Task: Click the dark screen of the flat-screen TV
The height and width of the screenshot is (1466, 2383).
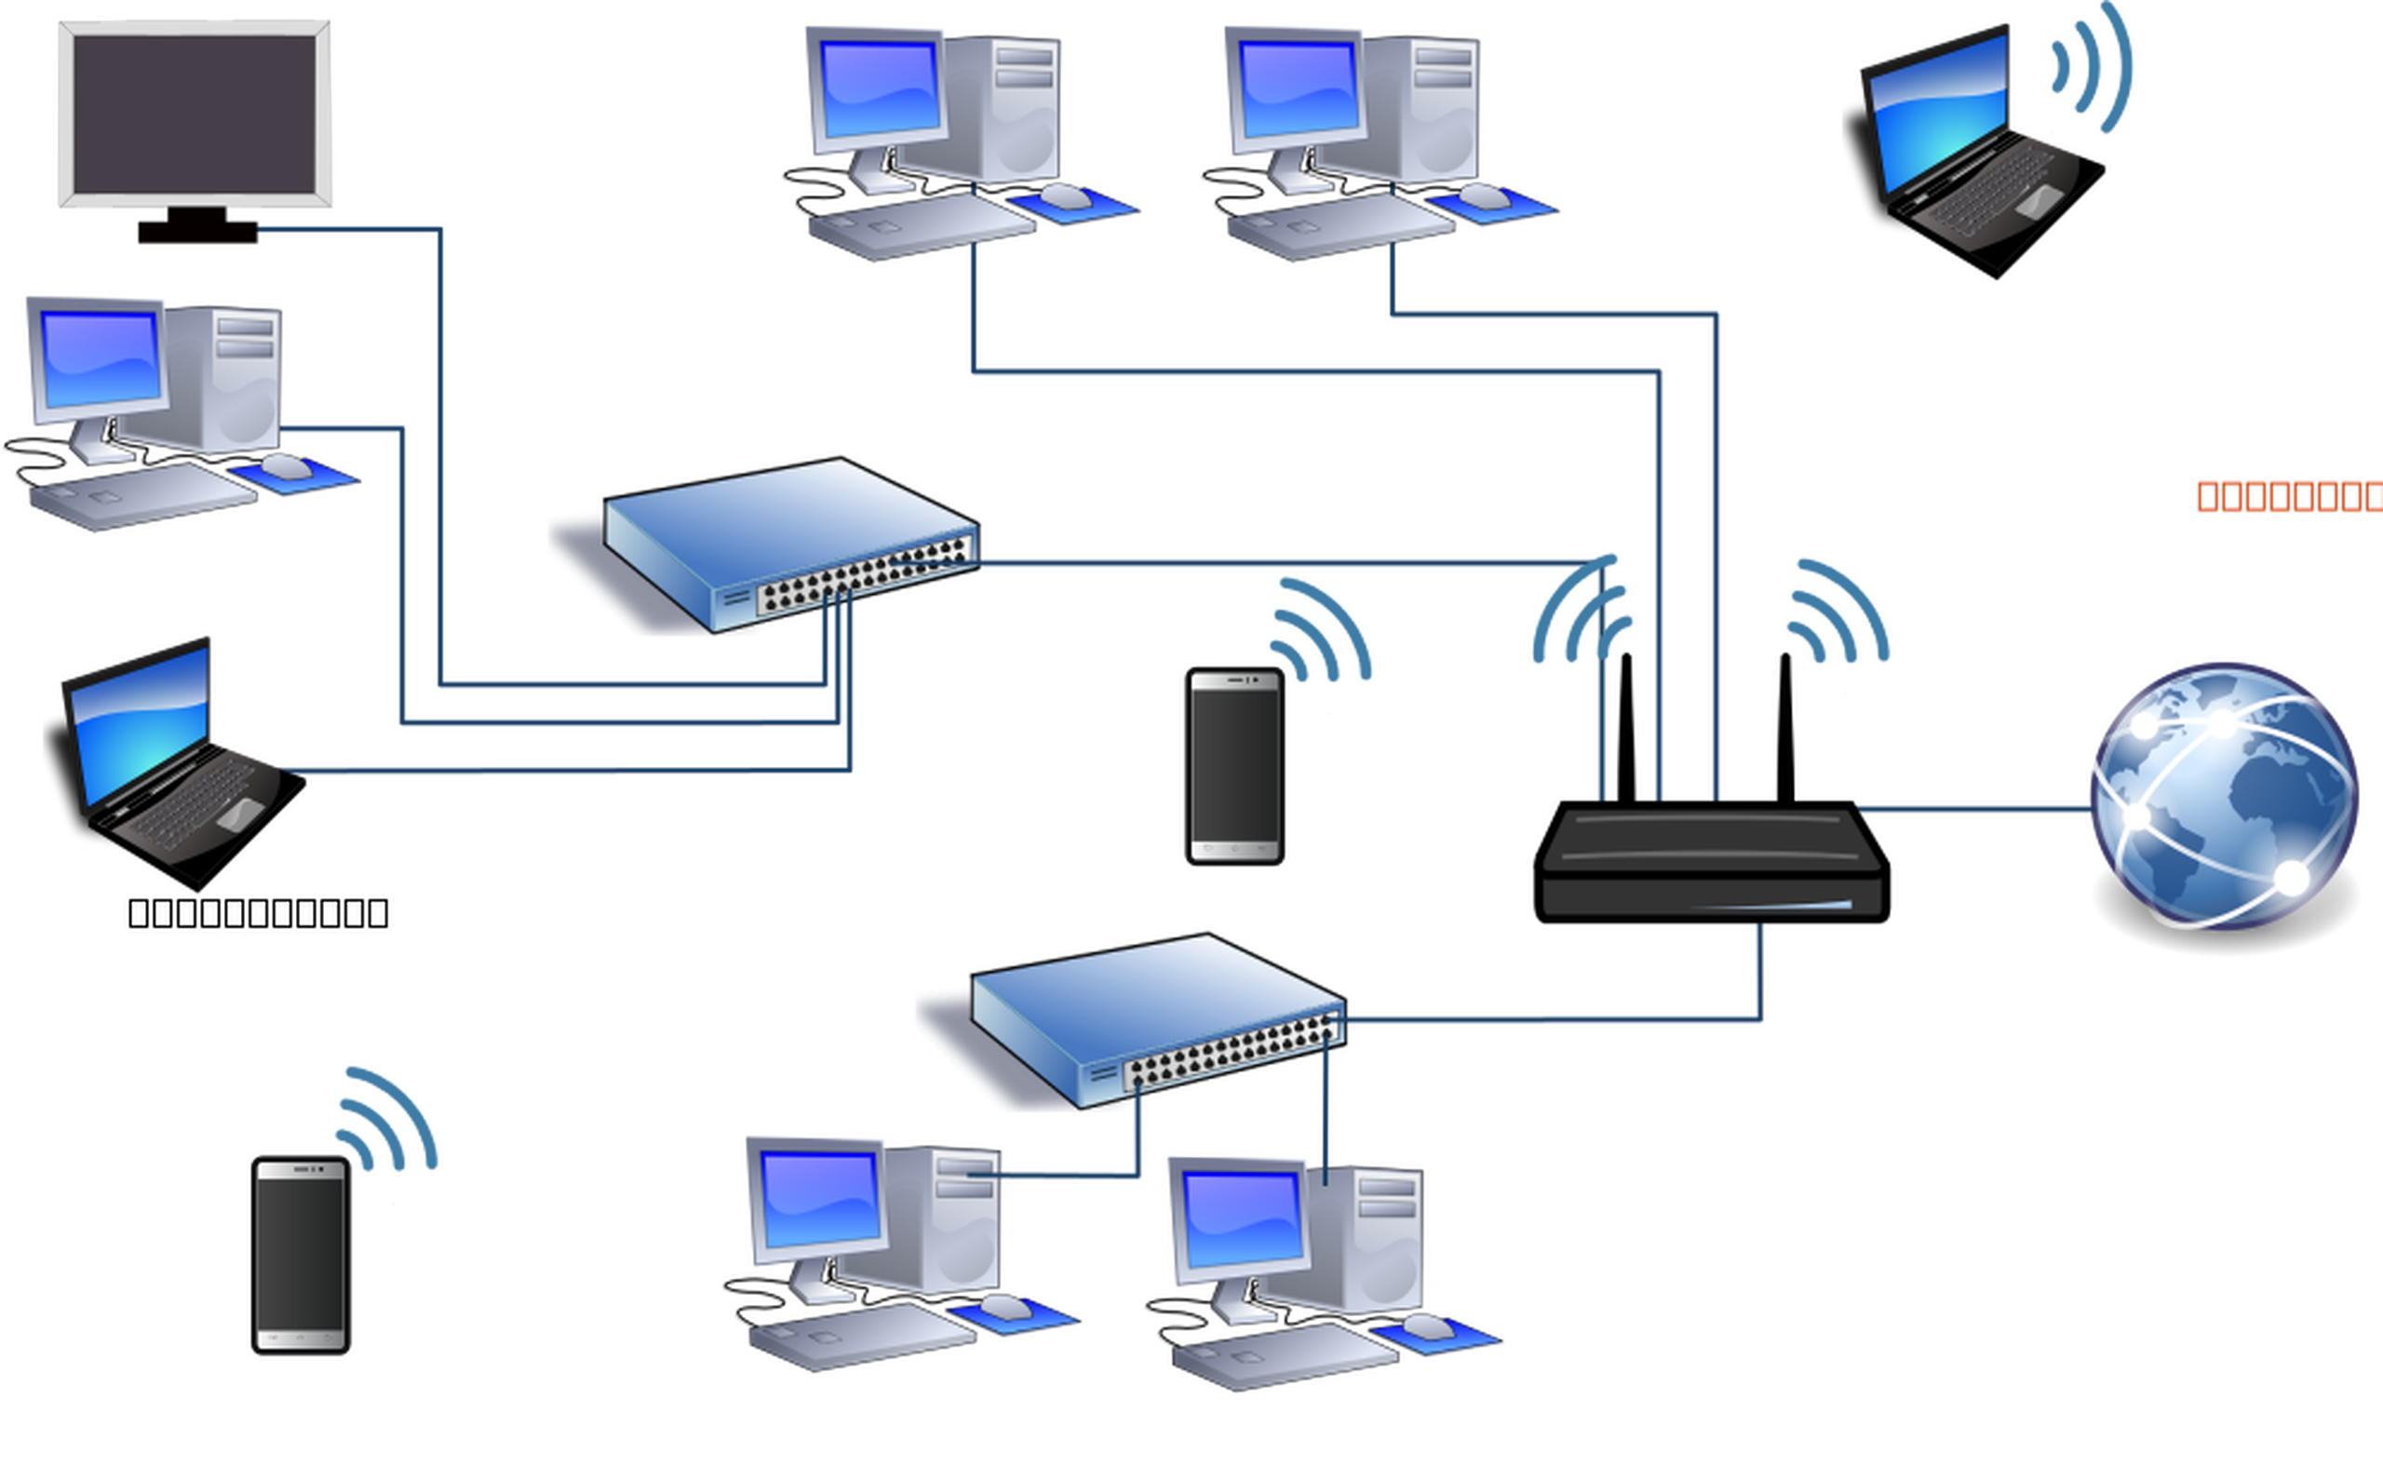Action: tap(194, 114)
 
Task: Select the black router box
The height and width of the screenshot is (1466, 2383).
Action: tap(1711, 863)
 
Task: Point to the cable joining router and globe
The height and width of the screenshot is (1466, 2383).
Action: tap(1968, 810)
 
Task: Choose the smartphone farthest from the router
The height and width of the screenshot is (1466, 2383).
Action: tap(300, 1255)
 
